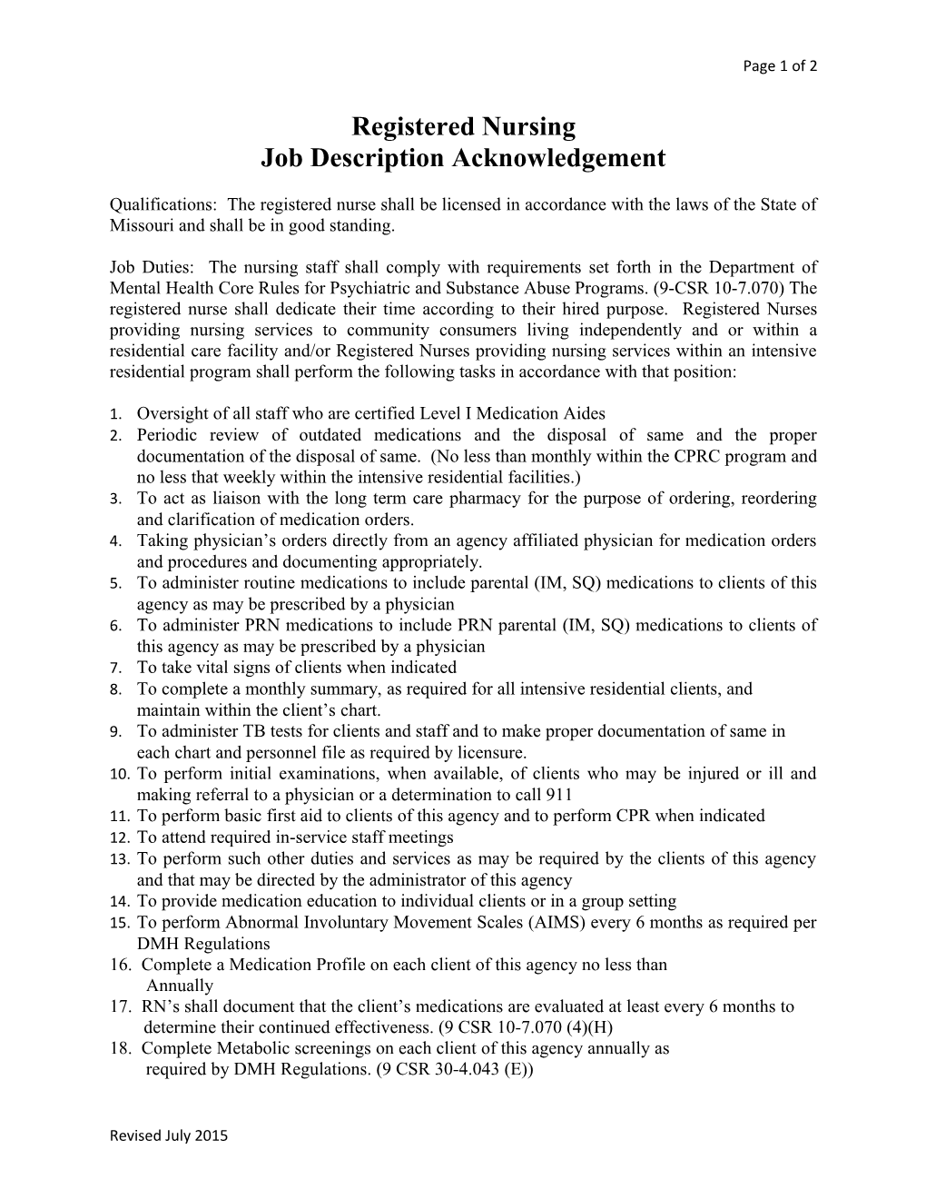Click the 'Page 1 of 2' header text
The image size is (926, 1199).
pyautogui.click(x=780, y=66)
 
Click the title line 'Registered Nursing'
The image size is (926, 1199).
pyautogui.click(x=463, y=125)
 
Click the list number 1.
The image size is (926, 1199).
pyautogui.click(x=115, y=414)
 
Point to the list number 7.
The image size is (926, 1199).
pyautogui.click(x=115, y=668)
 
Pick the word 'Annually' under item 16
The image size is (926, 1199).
pyautogui.click(x=180, y=986)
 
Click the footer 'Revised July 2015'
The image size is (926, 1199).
pyautogui.click(x=169, y=1135)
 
